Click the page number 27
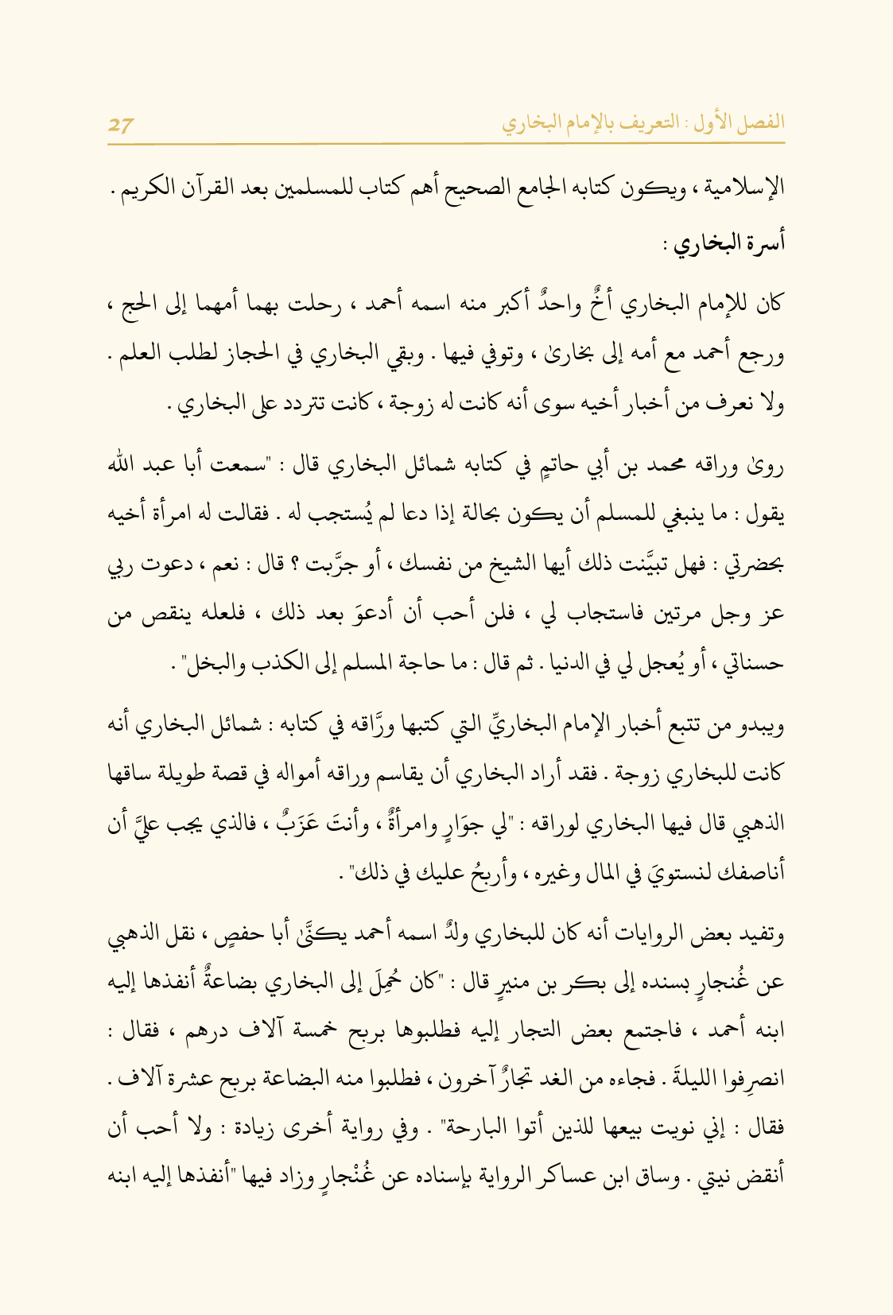click(x=122, y=124)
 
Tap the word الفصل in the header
click(x=761, y=123)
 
